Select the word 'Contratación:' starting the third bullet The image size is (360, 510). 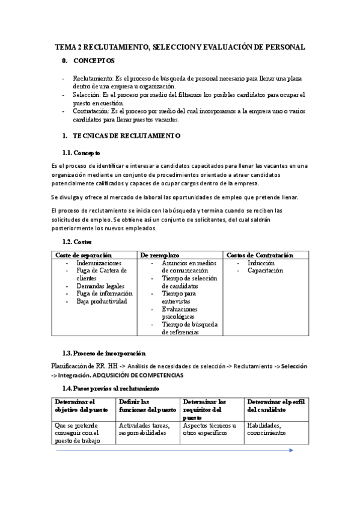[91, 111]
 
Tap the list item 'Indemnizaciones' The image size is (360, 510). [99, 263]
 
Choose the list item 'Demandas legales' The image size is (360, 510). [100, 286]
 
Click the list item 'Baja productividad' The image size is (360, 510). [102, 301]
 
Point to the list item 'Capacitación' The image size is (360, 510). [265, 271]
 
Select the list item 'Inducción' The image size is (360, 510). [261, 263]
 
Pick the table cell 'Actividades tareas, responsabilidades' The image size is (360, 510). [144, 429]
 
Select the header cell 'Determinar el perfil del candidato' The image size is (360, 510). [276, 405]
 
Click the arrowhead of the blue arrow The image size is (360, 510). [291, 450]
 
